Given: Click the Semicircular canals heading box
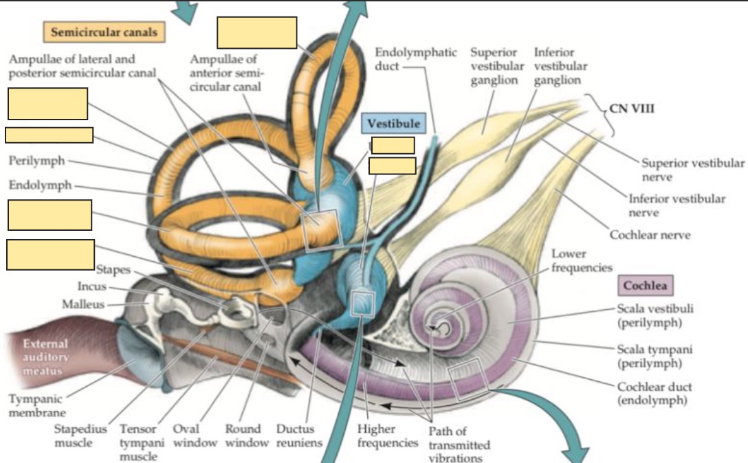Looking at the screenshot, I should (x=104, y=32).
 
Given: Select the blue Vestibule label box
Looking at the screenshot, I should (x=393, y=124).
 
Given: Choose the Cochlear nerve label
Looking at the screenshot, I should (x=650, y=235).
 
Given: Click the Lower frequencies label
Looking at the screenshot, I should (x=581, y=260).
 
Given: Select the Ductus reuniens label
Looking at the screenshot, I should (x=299, y=436).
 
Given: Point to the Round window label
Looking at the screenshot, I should (x=247, y=436).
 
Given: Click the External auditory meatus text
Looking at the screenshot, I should (x=45, y=357).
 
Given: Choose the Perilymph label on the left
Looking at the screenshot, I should (x=37, y=161).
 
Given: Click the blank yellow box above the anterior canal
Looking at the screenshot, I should (x=256, y=32).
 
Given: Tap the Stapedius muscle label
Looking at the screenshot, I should (x=81, y=436).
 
